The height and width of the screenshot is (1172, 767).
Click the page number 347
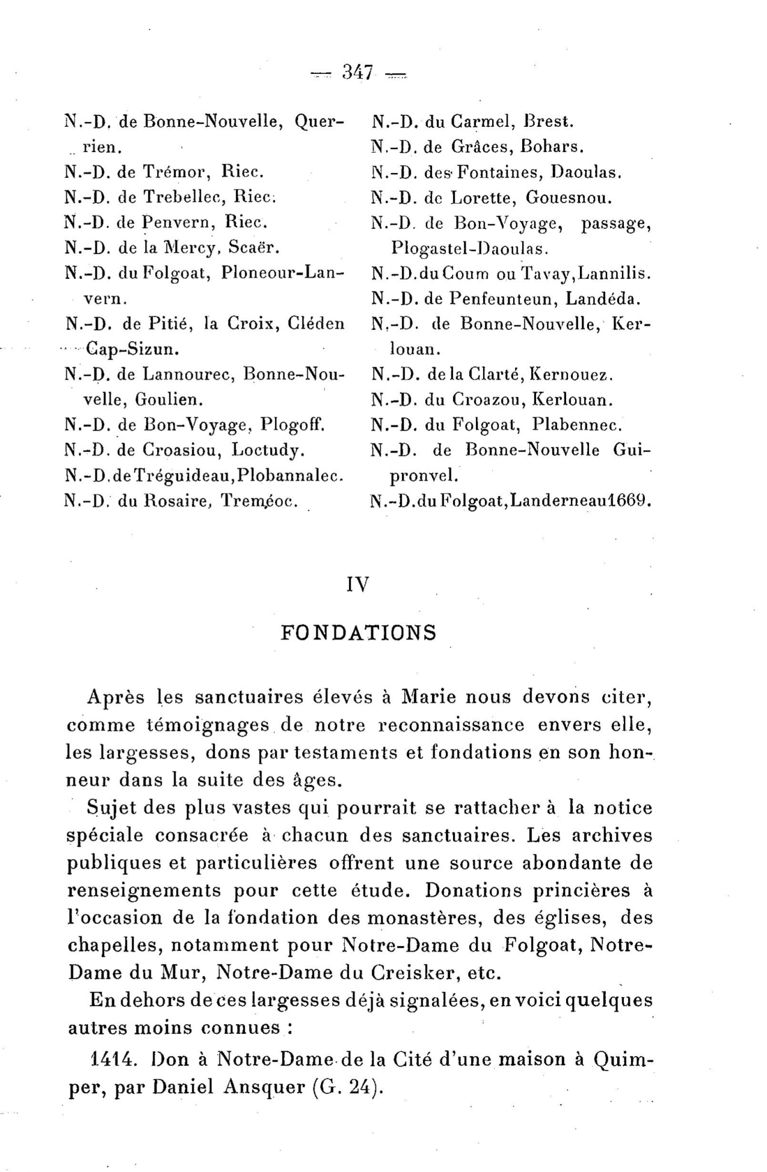pos(358,73)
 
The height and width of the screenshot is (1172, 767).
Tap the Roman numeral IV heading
pos(358,584)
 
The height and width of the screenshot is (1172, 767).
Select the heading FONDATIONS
pos(359,632)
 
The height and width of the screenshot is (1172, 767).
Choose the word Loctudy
pos(268,450)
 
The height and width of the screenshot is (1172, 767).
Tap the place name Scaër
pos(254,248)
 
